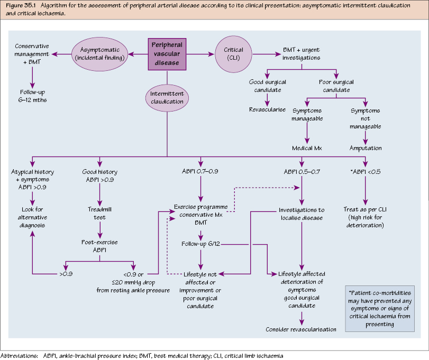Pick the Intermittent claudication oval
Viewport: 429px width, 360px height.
tap(167, 97)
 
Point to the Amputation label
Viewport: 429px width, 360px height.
tap(366, 148)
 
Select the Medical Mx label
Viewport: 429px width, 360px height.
tap(307, 148)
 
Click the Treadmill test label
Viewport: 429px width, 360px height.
tap(99, 213)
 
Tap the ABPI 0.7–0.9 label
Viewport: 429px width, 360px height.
tap(200, 172)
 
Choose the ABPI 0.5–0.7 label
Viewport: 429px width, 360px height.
tap(301, 172)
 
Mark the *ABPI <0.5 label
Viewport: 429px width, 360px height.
tap(366, 172)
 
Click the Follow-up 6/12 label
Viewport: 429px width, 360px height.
tap(200, 244)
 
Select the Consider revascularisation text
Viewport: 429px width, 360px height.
tap(301, 329)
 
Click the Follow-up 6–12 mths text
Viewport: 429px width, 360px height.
tap(33, 96)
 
